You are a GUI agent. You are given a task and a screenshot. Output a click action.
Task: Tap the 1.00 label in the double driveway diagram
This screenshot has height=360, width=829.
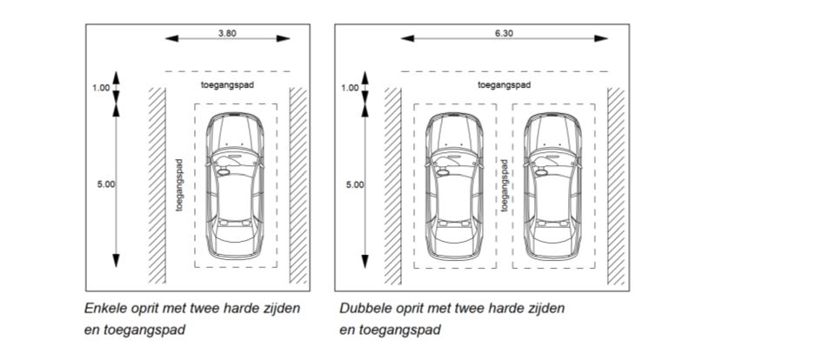[x=349, y=87]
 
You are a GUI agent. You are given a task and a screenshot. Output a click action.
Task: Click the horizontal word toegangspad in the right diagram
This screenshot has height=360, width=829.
[x=504, y=84]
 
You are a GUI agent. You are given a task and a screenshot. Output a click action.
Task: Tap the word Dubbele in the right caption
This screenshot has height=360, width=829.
[x=362, y=309]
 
